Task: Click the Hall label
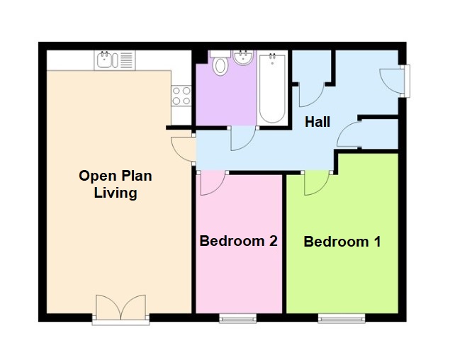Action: pos(317,122)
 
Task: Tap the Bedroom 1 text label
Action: pos(342,242)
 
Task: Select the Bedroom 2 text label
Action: pos(238,241)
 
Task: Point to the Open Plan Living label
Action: pos(116,184)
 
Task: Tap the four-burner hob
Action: pos(181,96)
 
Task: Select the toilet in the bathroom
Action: pos(220,64)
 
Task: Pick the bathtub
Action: pos(272,89)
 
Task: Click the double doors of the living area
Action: pos(121,310)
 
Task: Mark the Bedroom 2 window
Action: pos(237,319)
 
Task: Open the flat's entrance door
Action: pos(392,79)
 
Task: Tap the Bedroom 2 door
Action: pos(211,183)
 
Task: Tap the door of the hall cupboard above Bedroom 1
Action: pos(350,135)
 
